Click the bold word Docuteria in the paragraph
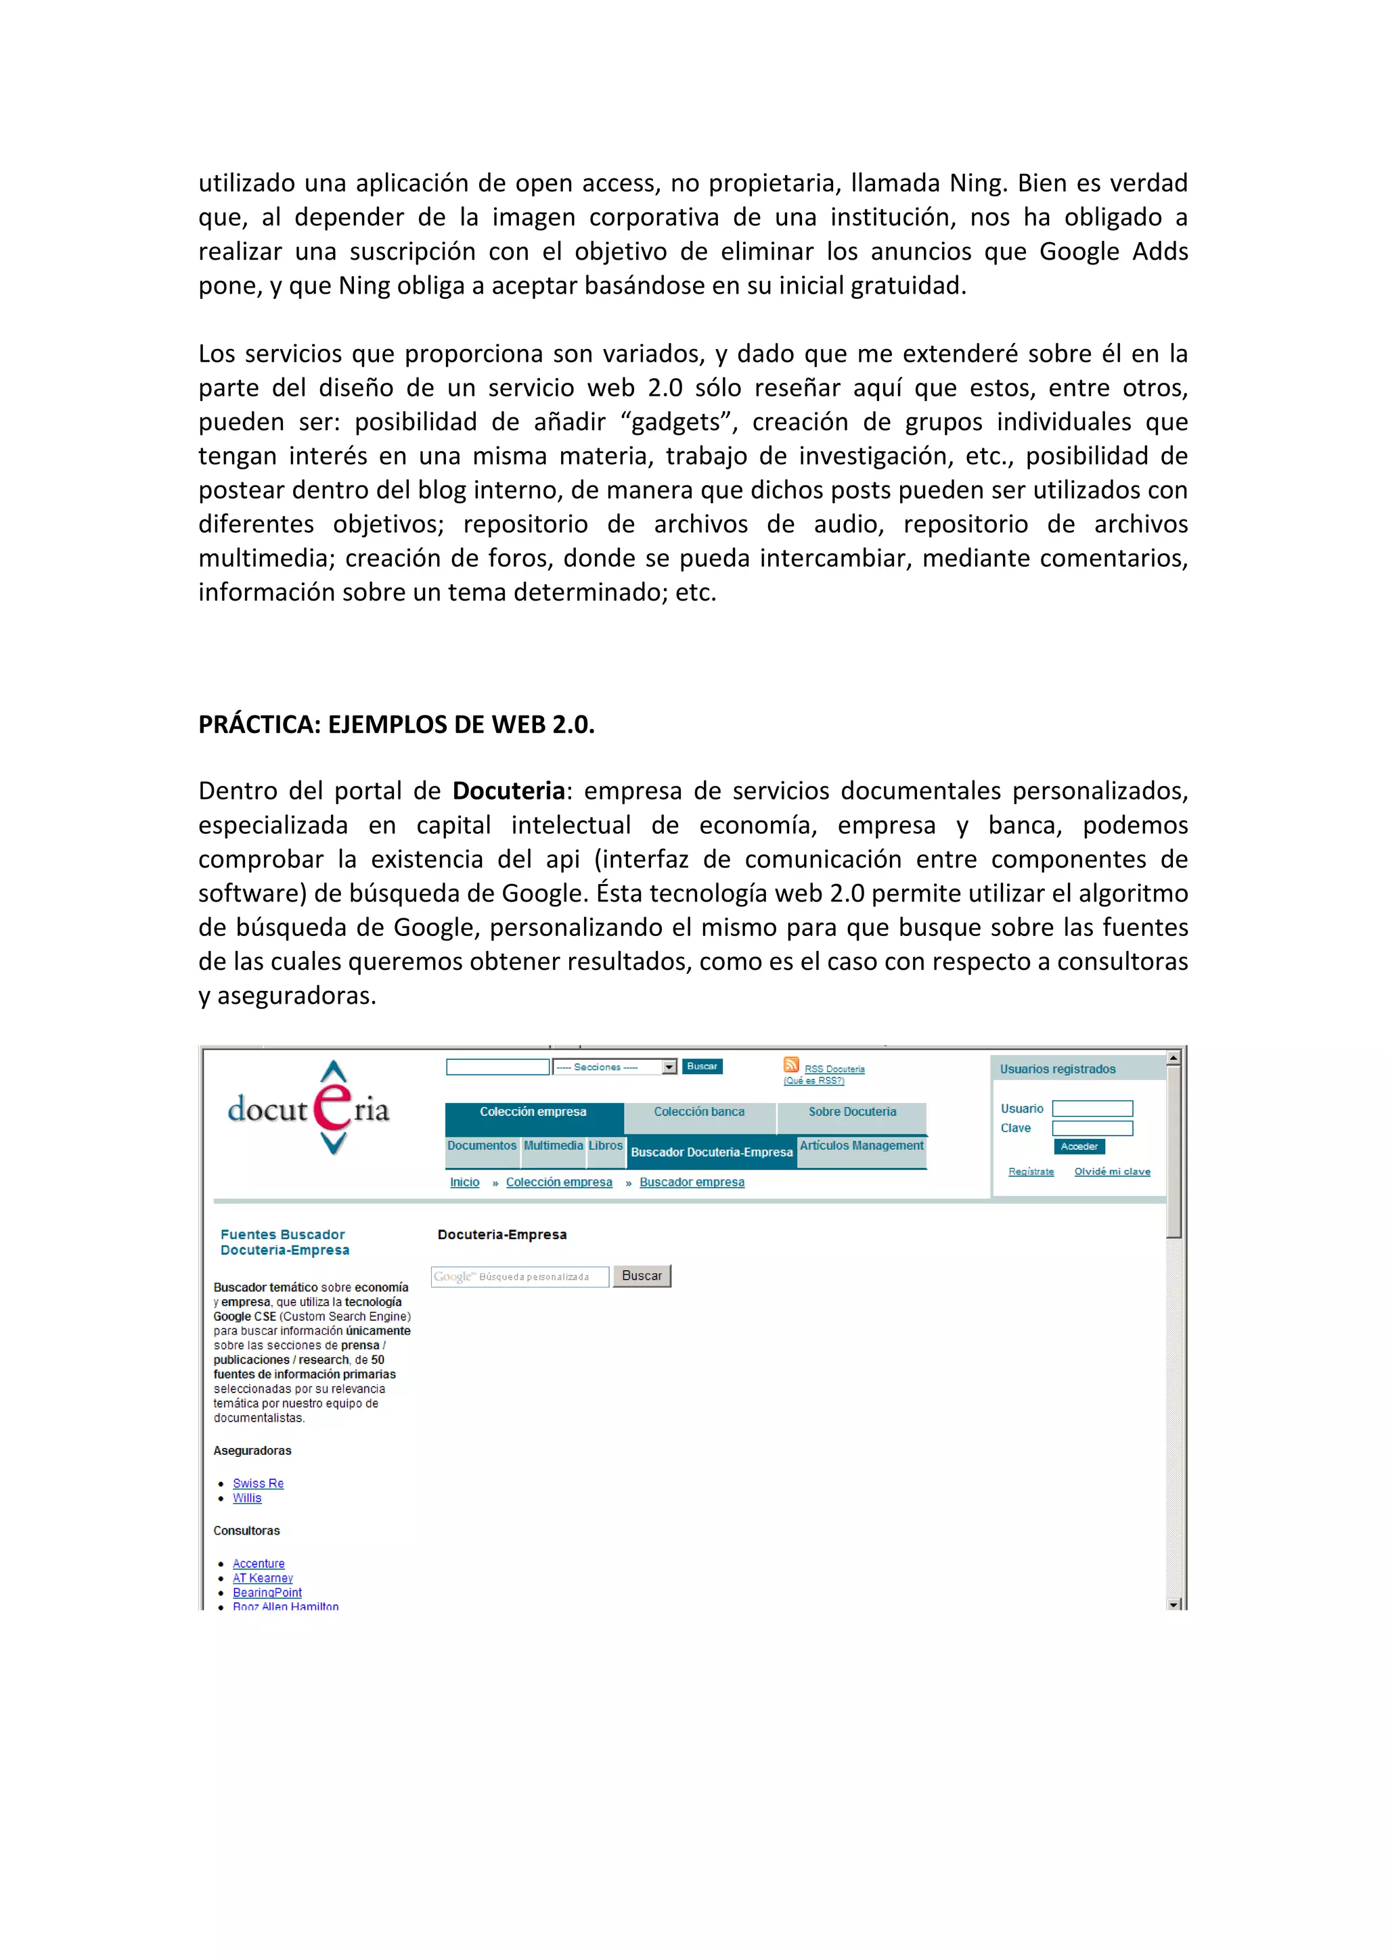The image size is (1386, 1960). point(508,791)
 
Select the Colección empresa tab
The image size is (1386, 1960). point(533,1111)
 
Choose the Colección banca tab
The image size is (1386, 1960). point(698,1111)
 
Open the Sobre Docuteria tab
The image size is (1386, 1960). point(851,1111)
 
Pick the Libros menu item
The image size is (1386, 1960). point(606,1146)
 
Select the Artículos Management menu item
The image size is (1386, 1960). point(861,1146)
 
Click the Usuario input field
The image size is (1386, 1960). point(1092,1109)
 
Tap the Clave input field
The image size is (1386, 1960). point(1092,1129)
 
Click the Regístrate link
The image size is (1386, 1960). point(1031,1171)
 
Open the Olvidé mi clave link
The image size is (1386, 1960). point(1112,1171)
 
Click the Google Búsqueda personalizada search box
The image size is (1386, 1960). point(520,1276)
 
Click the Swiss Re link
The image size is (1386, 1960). point(258,1484)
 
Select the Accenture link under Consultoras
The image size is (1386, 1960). point(259,1563)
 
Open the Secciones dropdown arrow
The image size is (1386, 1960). point(669,1067)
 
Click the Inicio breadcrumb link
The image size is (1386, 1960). point(464,1182)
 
